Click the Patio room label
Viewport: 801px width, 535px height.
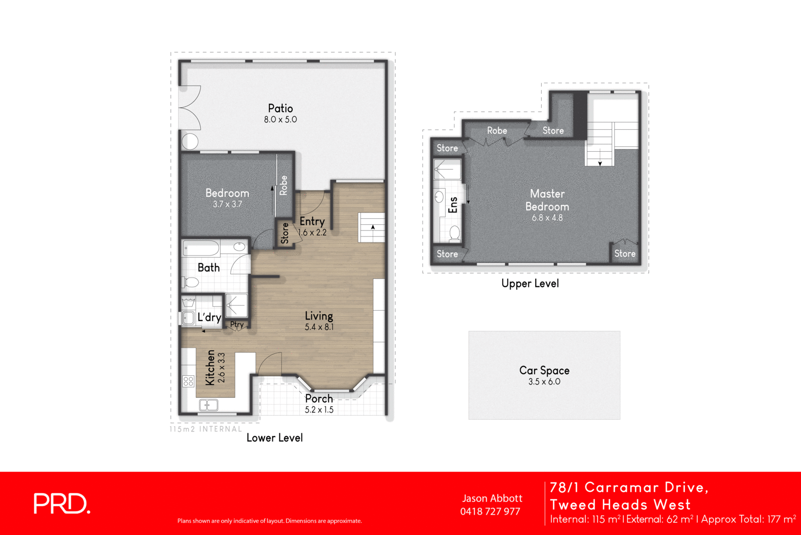[x=280, y=108]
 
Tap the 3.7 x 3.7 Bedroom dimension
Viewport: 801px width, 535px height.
[x=227, y=204]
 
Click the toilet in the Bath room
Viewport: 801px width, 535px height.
[x=191, y=283]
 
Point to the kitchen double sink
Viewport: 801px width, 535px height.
[x=208, y=405]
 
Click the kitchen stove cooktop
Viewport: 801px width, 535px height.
[x=188, y=381]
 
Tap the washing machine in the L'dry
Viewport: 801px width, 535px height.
[x=188, y=318]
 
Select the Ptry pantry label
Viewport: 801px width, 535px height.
[x=237, y=325]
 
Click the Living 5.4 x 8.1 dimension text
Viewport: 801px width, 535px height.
[x=319, y=327]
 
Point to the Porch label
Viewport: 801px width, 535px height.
[x=319, y=399]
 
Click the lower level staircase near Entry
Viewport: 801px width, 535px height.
[x=372, y=228]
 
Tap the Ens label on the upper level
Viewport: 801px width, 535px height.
[x=453, y=204]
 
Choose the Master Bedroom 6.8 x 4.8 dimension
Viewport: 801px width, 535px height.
[x=547, y=218]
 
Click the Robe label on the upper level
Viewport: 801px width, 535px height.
[x=497, y=131]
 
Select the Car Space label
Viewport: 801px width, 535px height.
[x=544, y=371]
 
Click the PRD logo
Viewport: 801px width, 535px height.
[x=62, y=503]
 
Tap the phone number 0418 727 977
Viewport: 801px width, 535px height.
[x=490, y=511]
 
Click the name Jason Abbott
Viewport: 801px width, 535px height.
[x=492, y=498]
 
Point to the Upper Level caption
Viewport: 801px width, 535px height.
[x=530, y=284]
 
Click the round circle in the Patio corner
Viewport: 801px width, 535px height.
[x=190, y=142]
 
